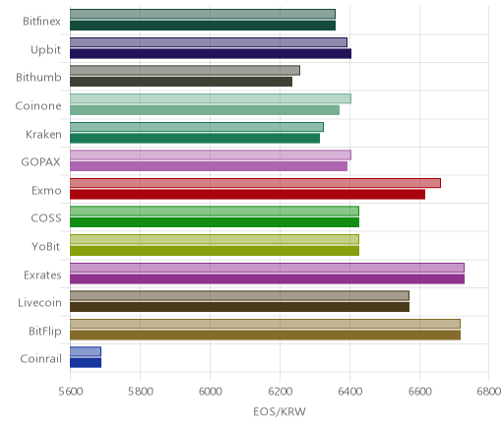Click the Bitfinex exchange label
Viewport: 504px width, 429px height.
(x=41, y=22)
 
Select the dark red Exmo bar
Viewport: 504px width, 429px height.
(x=247, y=195)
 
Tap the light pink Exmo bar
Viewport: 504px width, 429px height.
(x=255, y=183)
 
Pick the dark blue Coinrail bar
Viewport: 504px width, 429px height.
(x=86, y=363)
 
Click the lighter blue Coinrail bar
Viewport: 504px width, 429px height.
(x=86, y=351)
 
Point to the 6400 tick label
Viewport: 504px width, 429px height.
(x=349, y=392)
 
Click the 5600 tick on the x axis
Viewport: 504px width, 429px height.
(x=71, y=392)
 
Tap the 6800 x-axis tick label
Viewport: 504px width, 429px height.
(x=489, y=392)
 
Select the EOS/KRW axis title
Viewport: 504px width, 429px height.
(x=280, y=412)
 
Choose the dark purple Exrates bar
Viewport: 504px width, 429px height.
(x=267, y=279)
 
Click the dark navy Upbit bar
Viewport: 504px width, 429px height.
(x=211, y=54)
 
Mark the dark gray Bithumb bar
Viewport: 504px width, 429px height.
(x=181, y=82)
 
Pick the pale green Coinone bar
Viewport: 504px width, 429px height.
(x=211, y=98)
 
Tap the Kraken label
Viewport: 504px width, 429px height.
(x=43, y=135)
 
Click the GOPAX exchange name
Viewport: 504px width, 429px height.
(x=41, y=162)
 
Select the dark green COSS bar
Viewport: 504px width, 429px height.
(x=215, y=222)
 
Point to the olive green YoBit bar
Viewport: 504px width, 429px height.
(x=215, y=251)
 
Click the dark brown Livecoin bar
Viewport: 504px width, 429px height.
(x=239, y=307)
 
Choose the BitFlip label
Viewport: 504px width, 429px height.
(x=45, y=332)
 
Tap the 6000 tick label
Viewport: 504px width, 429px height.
(x=211, y=392)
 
